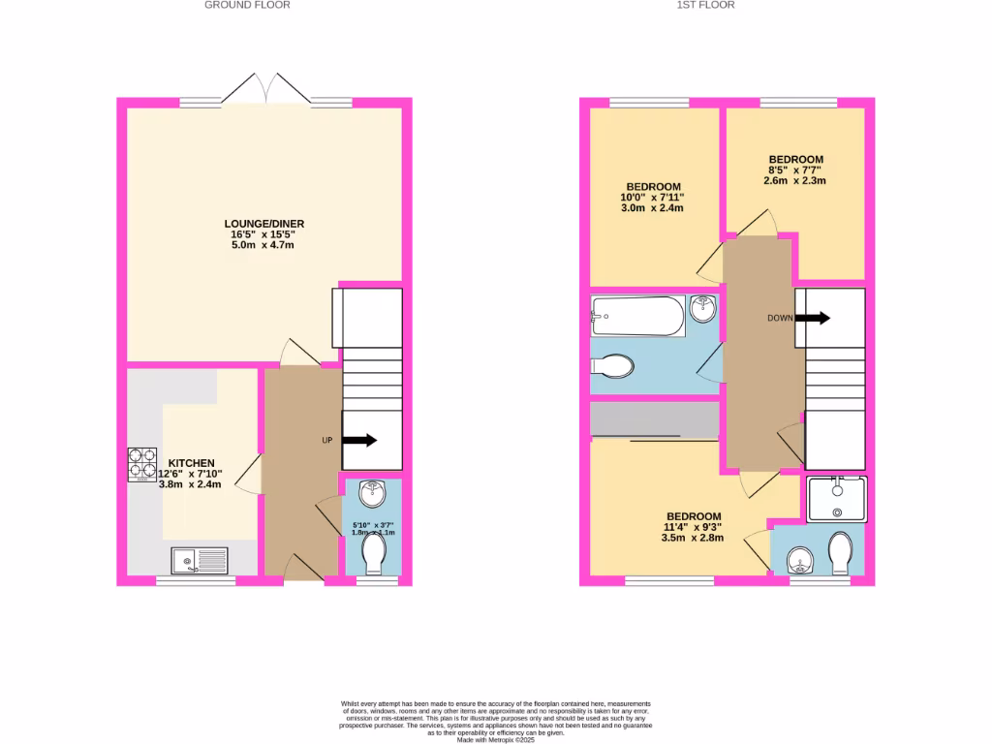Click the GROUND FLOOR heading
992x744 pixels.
click(x=247, y=5)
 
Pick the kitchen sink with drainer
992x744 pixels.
click(x=200, y=560)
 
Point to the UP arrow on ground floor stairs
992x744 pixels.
click(x=358, y=441)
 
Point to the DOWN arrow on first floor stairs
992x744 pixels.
click(x=812, y=318)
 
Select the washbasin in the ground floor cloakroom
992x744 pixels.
click(x=372, y=493)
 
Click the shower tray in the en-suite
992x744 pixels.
click(x=836, y=499)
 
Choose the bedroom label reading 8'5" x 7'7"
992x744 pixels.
click(x=795, y=170)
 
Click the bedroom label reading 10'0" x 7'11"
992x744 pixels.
click(x=653, y=197)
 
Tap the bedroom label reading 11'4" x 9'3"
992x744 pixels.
click(x=693, y=527)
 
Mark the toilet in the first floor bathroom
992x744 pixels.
click(x=613, y=366)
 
